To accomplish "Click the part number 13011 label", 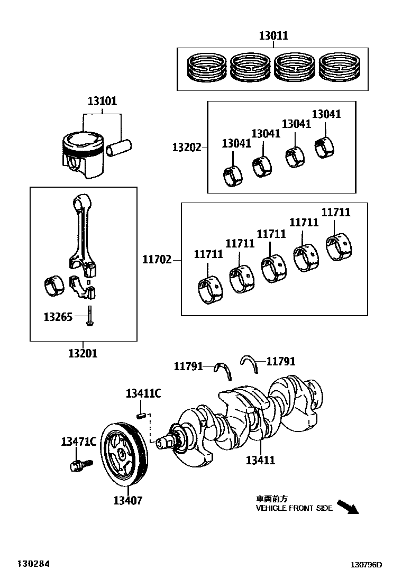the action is click(274, 35).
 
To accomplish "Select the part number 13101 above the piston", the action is click(103, 101).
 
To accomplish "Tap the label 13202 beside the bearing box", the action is click(187, 148).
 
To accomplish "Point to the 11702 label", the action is click(157, 259).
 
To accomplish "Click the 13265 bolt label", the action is click(58, 317).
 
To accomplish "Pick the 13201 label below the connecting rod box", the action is click(83, 353).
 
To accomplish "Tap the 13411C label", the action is click(143, 393).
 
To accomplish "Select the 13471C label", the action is click(79, 442).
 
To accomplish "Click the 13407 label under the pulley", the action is click(128, 500).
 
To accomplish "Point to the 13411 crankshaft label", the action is click(260, 460).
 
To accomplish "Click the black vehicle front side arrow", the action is click(348, 507).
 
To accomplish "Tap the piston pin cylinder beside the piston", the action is click(118, 148).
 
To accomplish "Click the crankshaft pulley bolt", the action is click(80, 465).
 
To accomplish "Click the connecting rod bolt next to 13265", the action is click(89, 316).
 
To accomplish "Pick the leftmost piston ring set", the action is click(207, 68).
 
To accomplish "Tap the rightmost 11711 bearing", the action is click(340, 247).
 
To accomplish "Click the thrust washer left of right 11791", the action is click(224, 371).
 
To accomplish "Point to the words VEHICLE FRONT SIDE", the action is click(294, 508).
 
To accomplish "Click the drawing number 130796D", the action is click(366, 565).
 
